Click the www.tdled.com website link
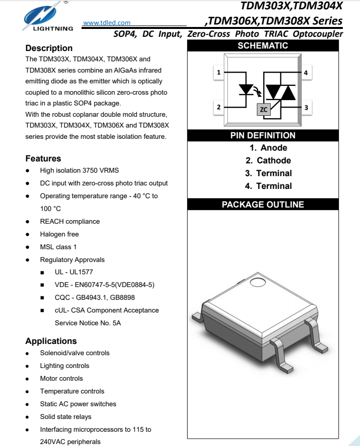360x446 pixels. [x=107, y=23]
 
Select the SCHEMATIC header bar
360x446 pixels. [x=263, y=46]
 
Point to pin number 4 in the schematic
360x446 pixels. [x=305, y=73]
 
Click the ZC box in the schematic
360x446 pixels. [x=264, y=109]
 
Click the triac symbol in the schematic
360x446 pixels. [x=280, y=91]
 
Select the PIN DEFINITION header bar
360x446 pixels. [x=263, y=135]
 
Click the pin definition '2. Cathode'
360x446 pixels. [x=268, y=160]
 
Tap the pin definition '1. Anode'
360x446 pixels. [x=268, y=148]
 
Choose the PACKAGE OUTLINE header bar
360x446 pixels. [x=263, y=205]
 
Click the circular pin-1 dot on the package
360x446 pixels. [x=257, y=283]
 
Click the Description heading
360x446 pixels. [x=49, y=48]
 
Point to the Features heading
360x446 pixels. [x=43, y=158]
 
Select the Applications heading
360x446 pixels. [x=51, y=341]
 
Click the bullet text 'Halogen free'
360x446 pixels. [x=59, y=234]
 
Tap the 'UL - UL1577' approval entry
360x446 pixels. [x=74, y=272]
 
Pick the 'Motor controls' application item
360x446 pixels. [x=61, y=378]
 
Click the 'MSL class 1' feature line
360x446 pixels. [x=58, y=247]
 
